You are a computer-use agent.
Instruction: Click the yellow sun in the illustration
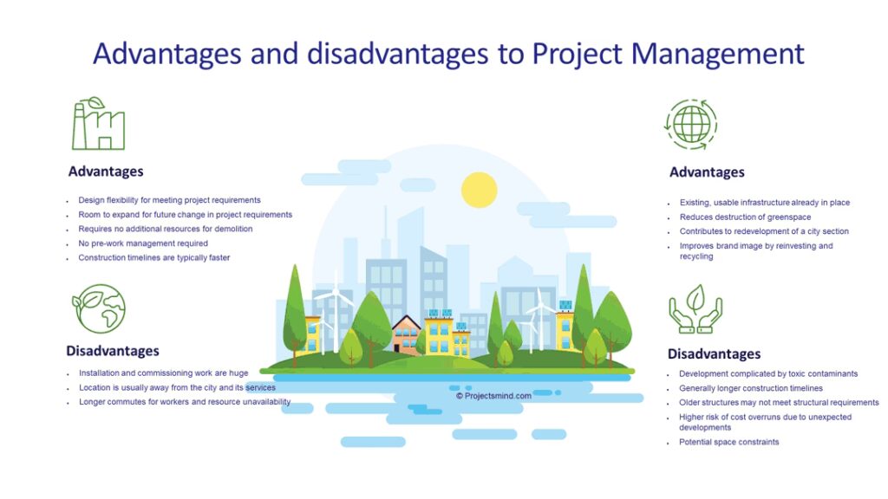pos(479,190)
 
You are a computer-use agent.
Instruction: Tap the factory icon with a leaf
pos(98,123)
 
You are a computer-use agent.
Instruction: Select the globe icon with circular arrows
pos(691,125)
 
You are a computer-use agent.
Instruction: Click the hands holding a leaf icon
pos(695,309)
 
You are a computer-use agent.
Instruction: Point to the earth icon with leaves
pos(99,308)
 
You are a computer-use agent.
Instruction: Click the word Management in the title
pos(717,55)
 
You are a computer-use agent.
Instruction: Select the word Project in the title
pos(577,55)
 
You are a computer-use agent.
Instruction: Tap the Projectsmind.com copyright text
pos(493,396)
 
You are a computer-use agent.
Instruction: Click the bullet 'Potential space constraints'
pos(728,442)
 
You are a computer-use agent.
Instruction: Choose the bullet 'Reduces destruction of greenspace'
pos(745,217)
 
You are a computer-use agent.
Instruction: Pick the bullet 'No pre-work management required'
pos(143,243)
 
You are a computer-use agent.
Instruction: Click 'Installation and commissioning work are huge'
pos(164,373)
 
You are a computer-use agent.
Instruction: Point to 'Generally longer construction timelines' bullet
pos(751,388)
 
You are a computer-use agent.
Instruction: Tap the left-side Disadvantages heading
pos(113,351)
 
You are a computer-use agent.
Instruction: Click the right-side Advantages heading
pos(707,172)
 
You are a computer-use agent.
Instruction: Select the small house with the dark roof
pos(406,334)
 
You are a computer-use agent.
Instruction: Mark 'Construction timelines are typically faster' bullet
pos(154,257)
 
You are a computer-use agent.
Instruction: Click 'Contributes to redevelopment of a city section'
pos(764,230)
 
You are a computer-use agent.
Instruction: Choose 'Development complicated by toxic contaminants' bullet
pos(768,373)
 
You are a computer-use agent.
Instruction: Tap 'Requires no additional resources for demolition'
pos(166,229)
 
